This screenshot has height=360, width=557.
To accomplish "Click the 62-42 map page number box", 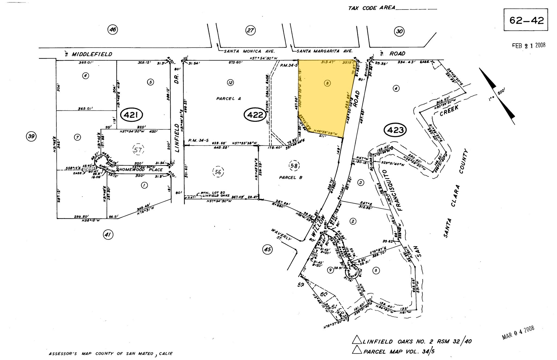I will (x=525, y=20).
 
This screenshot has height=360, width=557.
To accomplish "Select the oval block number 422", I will (x=255, y=115).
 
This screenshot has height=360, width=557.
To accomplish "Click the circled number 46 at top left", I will (x=113, y=29).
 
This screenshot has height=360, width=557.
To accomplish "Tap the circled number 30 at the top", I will (x=399, y=32).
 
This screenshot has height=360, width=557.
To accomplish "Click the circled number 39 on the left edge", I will (x=31, y=136).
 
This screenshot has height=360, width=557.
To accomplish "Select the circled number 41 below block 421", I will (x=108, y=234).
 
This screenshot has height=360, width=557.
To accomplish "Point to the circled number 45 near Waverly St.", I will (x=267, y=249).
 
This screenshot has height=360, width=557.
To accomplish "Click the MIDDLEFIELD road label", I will (x=92, y=54).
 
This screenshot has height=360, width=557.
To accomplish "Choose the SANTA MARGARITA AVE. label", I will (x=324, y=51).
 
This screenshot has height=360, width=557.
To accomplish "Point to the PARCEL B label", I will (x=290, y=177).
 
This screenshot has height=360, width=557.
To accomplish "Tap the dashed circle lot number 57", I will (x=138, y=149).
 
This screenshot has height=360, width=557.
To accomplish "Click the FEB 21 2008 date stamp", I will (x=528, y=45).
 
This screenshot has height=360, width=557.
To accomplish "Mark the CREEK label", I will (x=449, y=111).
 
